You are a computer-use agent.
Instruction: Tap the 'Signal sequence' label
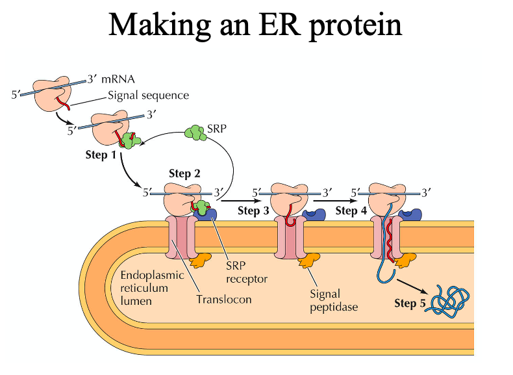pyautogui.click(x=148, y=96)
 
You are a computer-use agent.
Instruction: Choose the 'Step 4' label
pyautogui.click(x=351, y=210)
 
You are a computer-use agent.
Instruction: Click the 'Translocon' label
pyautogui.click(x=224, y=300)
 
